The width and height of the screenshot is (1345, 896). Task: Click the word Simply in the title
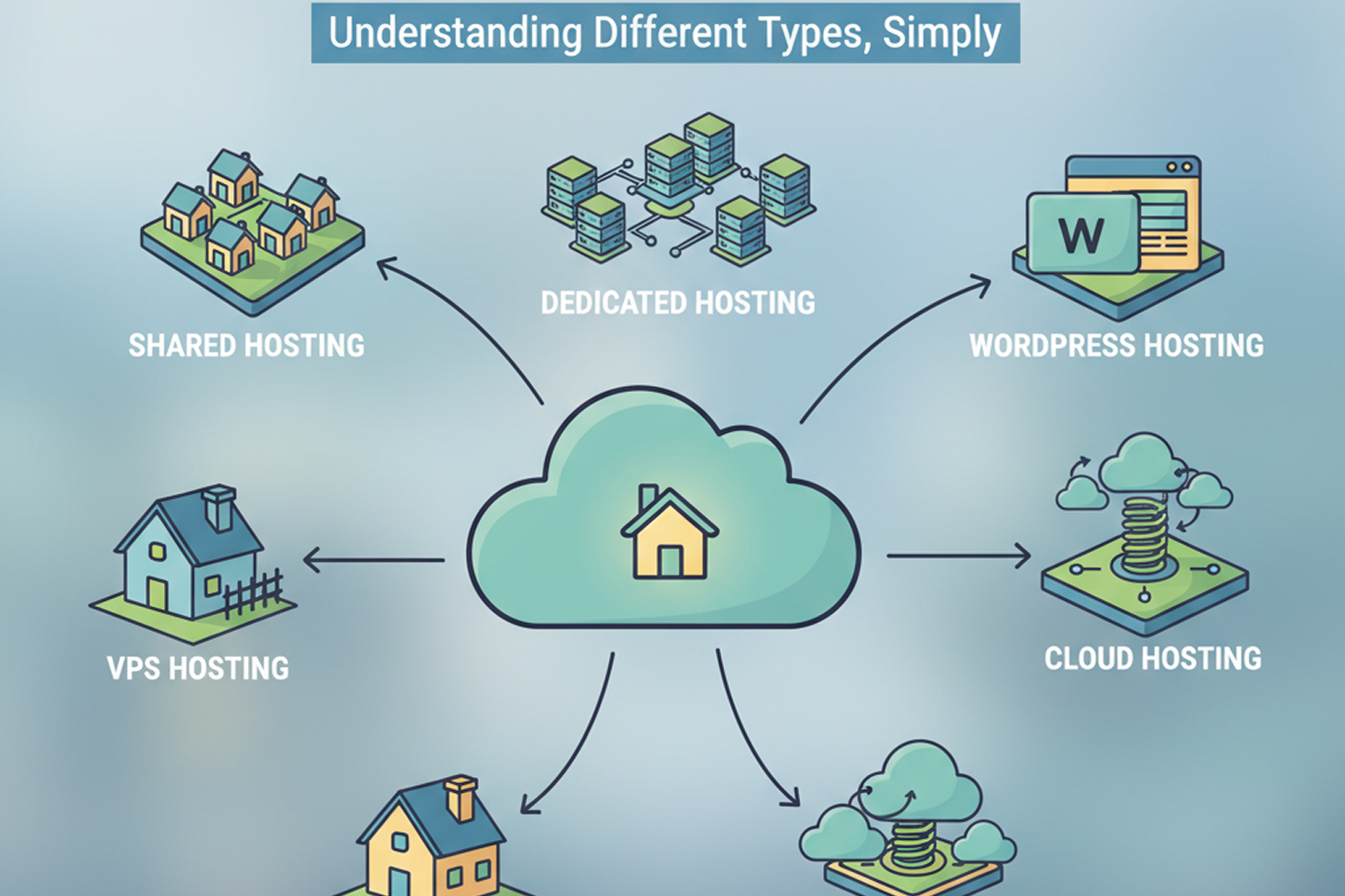tap(940, 33)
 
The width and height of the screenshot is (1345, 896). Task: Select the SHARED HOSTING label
tap(246, 346)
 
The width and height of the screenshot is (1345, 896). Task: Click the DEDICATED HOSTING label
tap(678, 303)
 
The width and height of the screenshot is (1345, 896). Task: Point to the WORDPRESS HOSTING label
tap(1116, 346)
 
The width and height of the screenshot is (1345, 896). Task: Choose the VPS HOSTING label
tap(198, 668)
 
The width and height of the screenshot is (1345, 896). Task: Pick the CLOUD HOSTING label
tap(1152, 658)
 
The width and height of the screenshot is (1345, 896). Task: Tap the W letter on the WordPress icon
tap(1081, 234)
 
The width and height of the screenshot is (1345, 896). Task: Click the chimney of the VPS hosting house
tap(218, 507)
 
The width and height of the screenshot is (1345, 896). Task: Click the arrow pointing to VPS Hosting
tap(372, 560)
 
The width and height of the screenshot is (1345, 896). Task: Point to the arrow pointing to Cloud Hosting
tap(959, 556)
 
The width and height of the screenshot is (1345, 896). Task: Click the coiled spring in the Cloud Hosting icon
tap(1144, 535)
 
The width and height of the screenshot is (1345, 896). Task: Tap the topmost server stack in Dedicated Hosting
tap(708, 144)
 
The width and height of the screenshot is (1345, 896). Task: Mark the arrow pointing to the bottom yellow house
tap(574, 735)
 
